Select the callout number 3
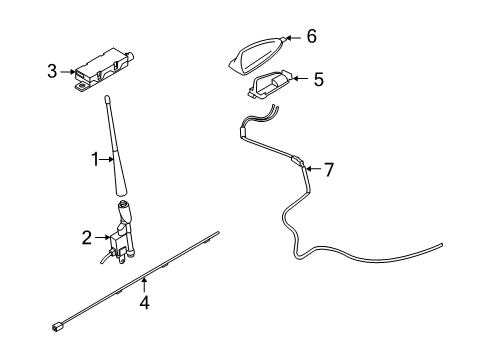coord(51,71)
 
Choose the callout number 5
coord(318,77)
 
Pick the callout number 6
coord(311,37)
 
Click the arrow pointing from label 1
coord(112,158)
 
